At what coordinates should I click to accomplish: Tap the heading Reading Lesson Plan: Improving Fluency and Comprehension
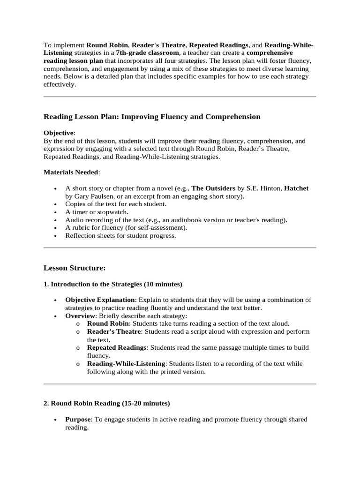[x=152, y=117]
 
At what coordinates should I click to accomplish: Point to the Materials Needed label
[x=71, y=172]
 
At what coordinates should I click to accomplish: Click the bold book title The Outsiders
[x=213, y=188]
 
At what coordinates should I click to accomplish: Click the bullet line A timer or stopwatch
[x=97, y=212]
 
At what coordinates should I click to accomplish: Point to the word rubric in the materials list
[x=80, y=228]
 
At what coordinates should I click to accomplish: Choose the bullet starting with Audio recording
[x=176, y=220]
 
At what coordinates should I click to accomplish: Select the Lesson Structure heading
[x=75, y=268]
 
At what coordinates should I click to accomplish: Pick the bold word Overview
[x=80, y=316]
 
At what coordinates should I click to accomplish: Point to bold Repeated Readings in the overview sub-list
[x=117, y=348]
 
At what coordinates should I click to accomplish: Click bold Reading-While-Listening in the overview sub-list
[x=126, y=364]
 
